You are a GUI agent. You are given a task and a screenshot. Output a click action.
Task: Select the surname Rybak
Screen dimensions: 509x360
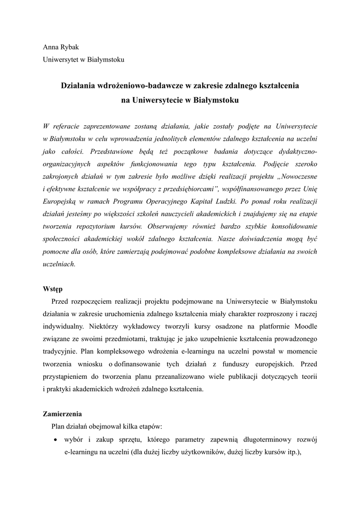(70, 47)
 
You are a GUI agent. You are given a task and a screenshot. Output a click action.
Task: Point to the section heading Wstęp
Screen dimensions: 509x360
(53, 289)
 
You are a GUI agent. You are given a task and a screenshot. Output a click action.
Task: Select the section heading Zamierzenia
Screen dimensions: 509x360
(63, 414)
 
